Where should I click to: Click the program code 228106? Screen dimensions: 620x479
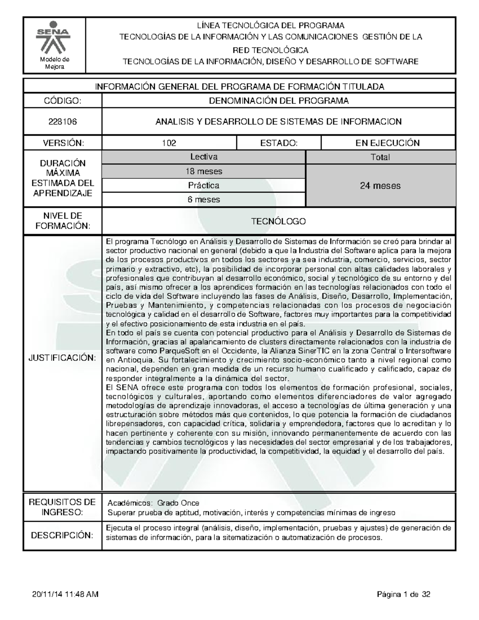tap(63, 122)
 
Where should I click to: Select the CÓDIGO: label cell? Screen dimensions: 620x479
tap(63, 101)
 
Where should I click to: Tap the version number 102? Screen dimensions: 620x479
tap(169, 143)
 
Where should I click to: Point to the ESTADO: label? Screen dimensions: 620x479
tap(279, 143)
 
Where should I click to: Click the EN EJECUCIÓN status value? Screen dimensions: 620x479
tap(388, 143)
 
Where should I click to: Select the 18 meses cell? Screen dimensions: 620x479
tap(204, 172)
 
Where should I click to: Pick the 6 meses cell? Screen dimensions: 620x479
tap(204, 200)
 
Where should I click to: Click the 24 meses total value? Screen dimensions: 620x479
tap(380, 186)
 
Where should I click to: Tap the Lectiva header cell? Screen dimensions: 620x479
tap(204, 157)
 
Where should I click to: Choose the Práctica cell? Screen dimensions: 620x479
tap(204, 186)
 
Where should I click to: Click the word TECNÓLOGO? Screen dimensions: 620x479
tap(279, 221)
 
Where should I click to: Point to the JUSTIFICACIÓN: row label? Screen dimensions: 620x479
tap(62, 357)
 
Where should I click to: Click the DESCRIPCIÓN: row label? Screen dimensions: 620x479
tap(62, 535)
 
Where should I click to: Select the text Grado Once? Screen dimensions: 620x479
tap(178, 503)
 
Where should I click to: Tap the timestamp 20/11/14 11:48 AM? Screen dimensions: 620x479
tap(65, 594)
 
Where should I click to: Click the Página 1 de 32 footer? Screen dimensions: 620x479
tap(403, 594)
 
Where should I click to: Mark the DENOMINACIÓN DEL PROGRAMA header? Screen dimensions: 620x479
tap(279, 101)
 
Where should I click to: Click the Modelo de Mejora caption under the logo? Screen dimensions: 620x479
tap(54, 63)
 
